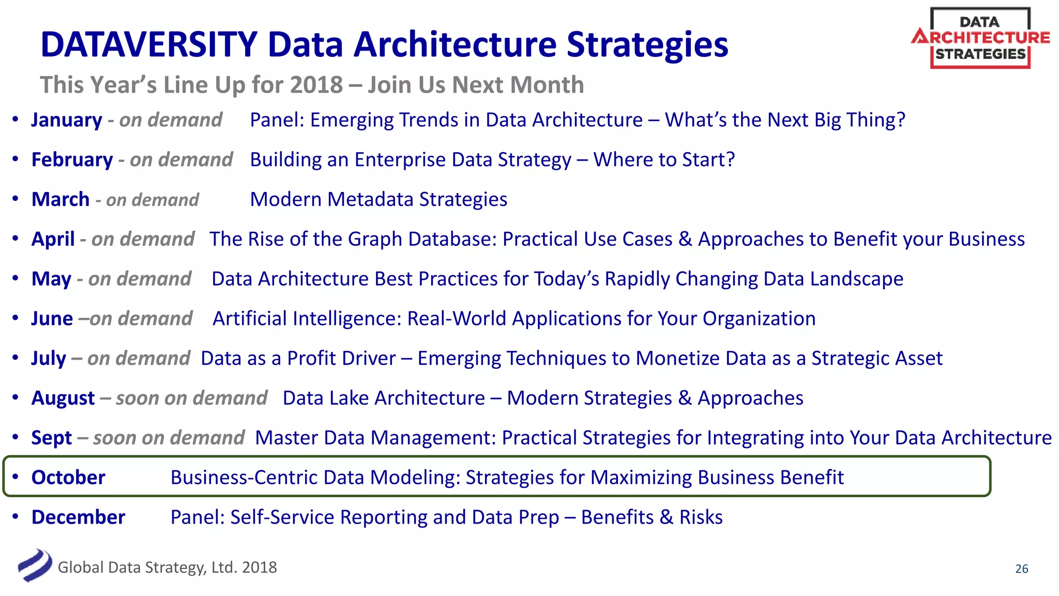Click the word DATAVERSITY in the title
pyautogui.click(x=149, y=44)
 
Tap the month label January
pyautogui.click(x=67, y=120)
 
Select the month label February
pyautogui.click(x=72, y=160)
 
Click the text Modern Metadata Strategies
pyautogui.click(x=379, y=200)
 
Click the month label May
pyautogui.click(x=51, y=279)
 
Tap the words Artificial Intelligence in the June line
pyautogui.click(x=307, y=319)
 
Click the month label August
pyautogui.click(x=63, y=398)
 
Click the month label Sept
pyautogui.click(x=51, y=438)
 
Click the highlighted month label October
pyautogui.click(x=68, y=478)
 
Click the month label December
pyautogui.click(x=78, y=517)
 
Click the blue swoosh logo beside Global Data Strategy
pyautogui.click(x=35, y=565)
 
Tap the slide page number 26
pyautogui.click(x=1021, y=569)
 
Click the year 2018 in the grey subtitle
pyautogui.click(x=316, y=85)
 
